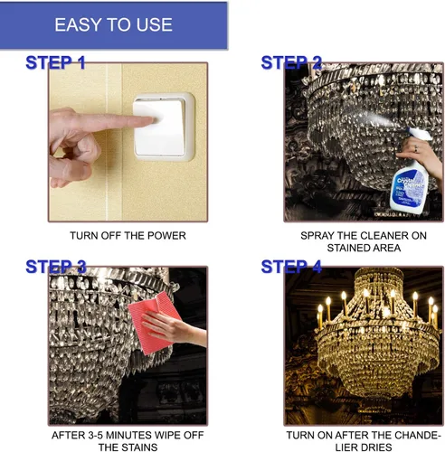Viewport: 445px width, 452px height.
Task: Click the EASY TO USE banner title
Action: [x=113, y=24]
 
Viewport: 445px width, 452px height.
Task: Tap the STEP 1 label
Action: [x=55, y=62]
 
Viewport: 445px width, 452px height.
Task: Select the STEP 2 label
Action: [x=291, y=62]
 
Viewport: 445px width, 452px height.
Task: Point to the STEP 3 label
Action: [x=56, y=267]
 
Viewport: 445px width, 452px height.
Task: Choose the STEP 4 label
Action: [x=291, y=267]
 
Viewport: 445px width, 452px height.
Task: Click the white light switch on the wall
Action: [x=164, y=127]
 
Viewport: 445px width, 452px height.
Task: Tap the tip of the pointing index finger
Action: [x=156, y=120]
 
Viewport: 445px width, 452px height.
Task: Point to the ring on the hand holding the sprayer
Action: [x=416, y=148]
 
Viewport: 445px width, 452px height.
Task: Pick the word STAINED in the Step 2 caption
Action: [x=347, y=248]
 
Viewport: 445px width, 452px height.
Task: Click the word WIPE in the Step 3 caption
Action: [x=166, y=435]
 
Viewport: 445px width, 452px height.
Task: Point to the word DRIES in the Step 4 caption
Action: [x=378, y=447]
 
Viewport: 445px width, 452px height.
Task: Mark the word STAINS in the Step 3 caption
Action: [x=140, y=447]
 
